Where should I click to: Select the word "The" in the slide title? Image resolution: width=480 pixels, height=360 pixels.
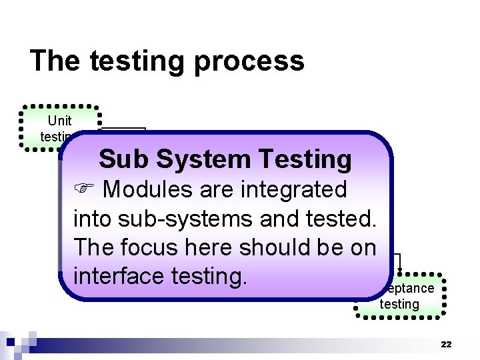point(54,61)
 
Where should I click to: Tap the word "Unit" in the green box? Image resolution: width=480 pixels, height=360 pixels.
point(59,121)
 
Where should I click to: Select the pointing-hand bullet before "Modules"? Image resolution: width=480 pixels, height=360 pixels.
point(85,189)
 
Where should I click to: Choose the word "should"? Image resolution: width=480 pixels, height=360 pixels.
point(295,247)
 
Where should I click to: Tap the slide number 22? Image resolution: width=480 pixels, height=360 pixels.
point(446,344)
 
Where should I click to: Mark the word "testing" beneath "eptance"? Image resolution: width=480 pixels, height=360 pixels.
point(399,304)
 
